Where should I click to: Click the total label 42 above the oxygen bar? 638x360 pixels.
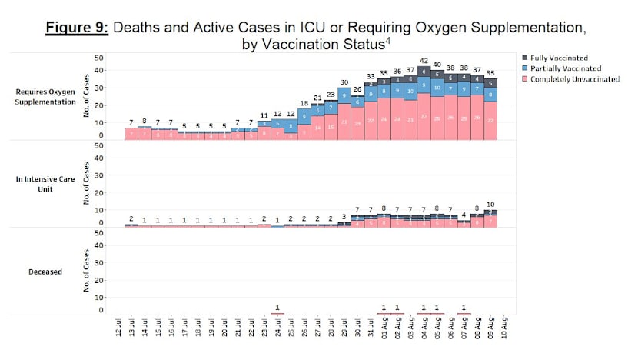pos(424,61)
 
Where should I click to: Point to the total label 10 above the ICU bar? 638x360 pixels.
pos(490,205)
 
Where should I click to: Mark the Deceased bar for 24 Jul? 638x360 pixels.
pos(277,314)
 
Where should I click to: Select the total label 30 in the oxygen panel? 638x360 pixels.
pos(344,82)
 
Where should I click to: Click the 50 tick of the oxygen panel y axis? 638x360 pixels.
pos(98,58)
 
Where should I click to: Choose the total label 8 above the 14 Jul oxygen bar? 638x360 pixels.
pos(144,122)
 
